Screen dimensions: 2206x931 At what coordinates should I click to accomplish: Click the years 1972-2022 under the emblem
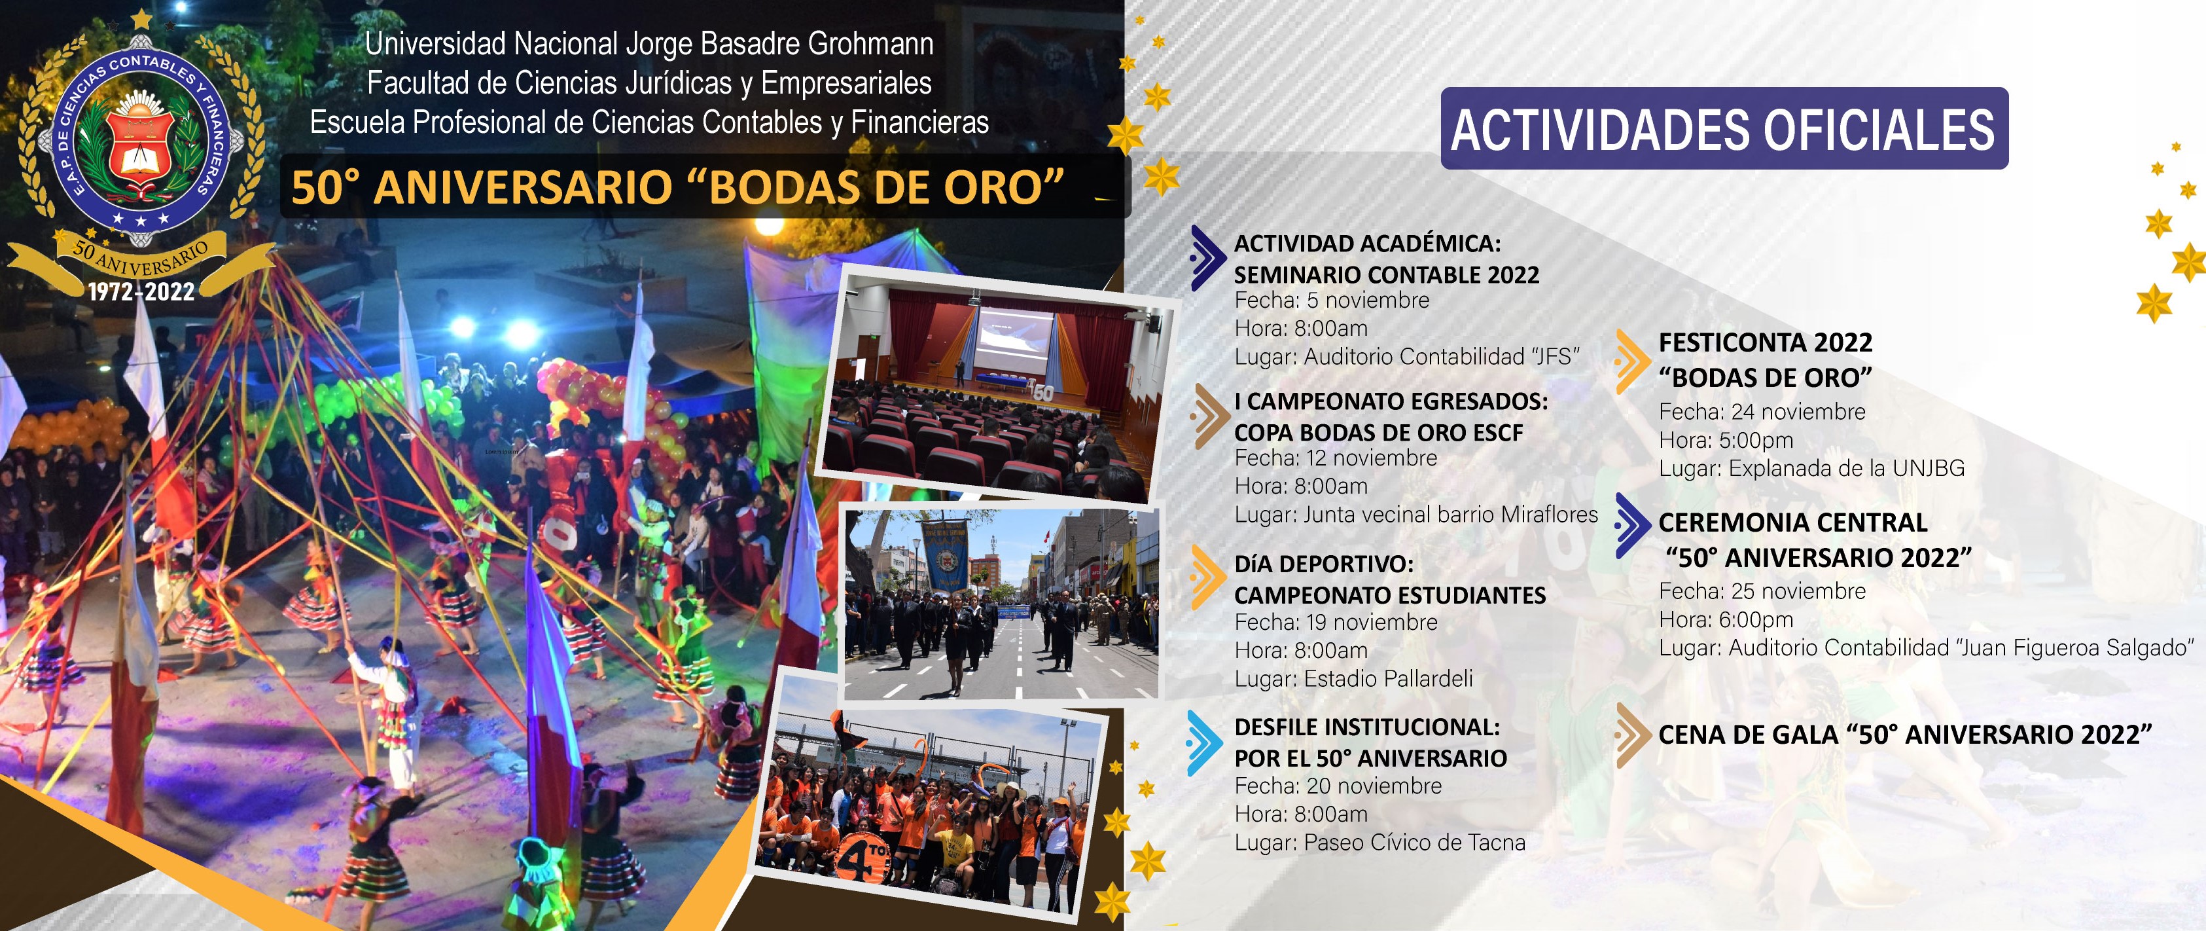[141, 292]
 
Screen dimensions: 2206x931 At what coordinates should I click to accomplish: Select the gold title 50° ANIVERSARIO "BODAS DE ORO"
[677, 187]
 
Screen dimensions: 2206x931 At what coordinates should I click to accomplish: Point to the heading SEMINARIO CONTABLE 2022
[1387, 275]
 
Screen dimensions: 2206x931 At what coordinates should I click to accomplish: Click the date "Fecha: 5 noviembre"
[1332, 301]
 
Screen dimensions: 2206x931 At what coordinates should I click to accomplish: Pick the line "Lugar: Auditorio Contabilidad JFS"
[1407, 356]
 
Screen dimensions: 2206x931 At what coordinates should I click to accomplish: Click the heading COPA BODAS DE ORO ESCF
[1379, 433]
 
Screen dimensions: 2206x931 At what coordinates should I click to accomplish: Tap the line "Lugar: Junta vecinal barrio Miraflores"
[1416, 514]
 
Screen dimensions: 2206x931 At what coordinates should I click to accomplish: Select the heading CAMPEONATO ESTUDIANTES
[1390, 595]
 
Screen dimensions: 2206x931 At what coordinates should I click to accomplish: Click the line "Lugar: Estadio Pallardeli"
[1354, 678]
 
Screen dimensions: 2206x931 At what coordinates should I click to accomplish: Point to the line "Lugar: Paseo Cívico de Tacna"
[1379, 843]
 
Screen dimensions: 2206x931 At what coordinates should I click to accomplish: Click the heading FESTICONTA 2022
[1766, 342]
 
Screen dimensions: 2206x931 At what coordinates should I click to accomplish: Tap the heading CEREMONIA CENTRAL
[1792, 522]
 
